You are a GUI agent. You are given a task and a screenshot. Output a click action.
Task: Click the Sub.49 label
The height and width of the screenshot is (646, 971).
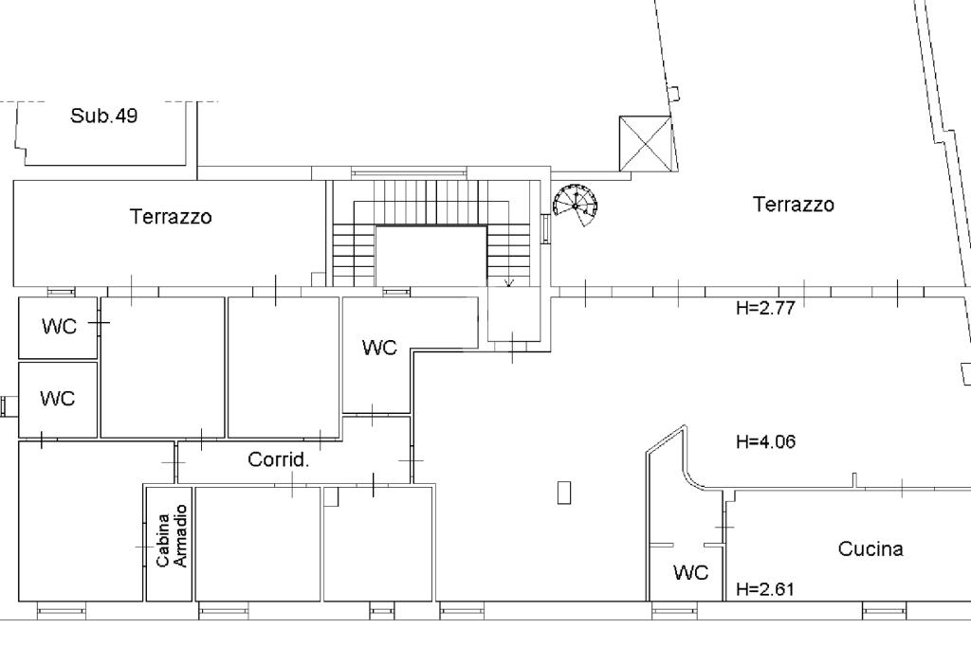103,116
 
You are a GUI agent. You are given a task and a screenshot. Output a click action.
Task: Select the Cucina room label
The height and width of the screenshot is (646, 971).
870,548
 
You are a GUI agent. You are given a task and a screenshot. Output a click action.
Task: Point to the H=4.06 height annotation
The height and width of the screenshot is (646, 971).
765,441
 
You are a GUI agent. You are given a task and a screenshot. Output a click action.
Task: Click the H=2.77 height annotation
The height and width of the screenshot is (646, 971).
765,308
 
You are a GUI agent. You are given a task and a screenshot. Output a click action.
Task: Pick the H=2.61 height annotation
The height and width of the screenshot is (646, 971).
765,589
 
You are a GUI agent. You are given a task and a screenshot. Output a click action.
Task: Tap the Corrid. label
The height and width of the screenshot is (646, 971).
278,459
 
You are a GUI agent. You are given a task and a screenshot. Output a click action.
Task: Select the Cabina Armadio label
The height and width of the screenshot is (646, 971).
172,536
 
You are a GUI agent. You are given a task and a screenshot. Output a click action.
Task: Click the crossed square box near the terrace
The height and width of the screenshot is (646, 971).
645,144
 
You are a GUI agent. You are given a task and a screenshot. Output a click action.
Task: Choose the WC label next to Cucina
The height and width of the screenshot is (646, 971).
690,572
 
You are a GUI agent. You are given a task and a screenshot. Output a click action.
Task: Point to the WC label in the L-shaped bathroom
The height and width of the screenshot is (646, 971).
379,348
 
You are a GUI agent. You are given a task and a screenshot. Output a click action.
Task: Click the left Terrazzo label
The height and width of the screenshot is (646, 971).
171,217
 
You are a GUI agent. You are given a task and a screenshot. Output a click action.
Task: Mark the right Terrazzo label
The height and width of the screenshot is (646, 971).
794,205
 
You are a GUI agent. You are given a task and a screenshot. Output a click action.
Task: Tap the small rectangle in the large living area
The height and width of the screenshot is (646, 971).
564,493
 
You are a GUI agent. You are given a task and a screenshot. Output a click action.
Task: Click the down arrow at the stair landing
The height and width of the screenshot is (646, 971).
509,282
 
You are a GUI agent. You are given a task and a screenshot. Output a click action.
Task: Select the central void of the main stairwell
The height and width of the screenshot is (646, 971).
431,256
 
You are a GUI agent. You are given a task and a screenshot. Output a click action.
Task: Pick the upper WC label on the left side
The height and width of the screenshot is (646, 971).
60,326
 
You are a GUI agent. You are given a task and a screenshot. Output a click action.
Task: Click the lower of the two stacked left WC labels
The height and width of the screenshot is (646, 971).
58,398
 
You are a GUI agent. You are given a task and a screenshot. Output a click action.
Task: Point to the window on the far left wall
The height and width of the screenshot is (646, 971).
9,406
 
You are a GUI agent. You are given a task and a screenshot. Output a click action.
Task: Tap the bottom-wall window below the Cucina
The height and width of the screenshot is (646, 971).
886,611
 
